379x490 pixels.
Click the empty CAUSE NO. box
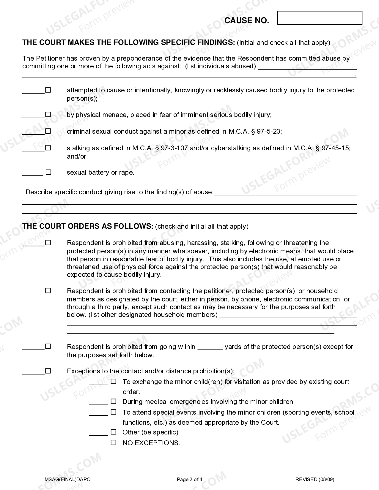pos(320,18)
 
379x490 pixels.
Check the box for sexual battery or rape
pos(48,172)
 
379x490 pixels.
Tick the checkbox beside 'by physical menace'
pos(48,114)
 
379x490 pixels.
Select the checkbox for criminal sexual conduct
pos(48,131)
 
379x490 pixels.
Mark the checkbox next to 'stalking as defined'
pos(48,148)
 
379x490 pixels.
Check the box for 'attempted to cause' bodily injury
pos(48,90)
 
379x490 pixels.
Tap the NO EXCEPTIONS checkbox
pos(113,442)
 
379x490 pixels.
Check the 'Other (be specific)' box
pos(113,432)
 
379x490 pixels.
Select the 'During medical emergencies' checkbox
pos(113,402)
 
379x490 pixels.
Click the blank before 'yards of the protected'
pos(210,347)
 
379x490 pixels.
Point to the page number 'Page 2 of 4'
pos(189,479)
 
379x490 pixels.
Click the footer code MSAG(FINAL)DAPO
pos(67,479)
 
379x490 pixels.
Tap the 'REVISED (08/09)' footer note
pos(314,479)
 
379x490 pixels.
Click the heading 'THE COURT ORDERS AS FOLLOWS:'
pos(88,226)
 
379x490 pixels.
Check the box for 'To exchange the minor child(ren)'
pos(113,381)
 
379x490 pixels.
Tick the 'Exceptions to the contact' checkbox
pos(48,371)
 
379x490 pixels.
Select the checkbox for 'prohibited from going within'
pos(48,346)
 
